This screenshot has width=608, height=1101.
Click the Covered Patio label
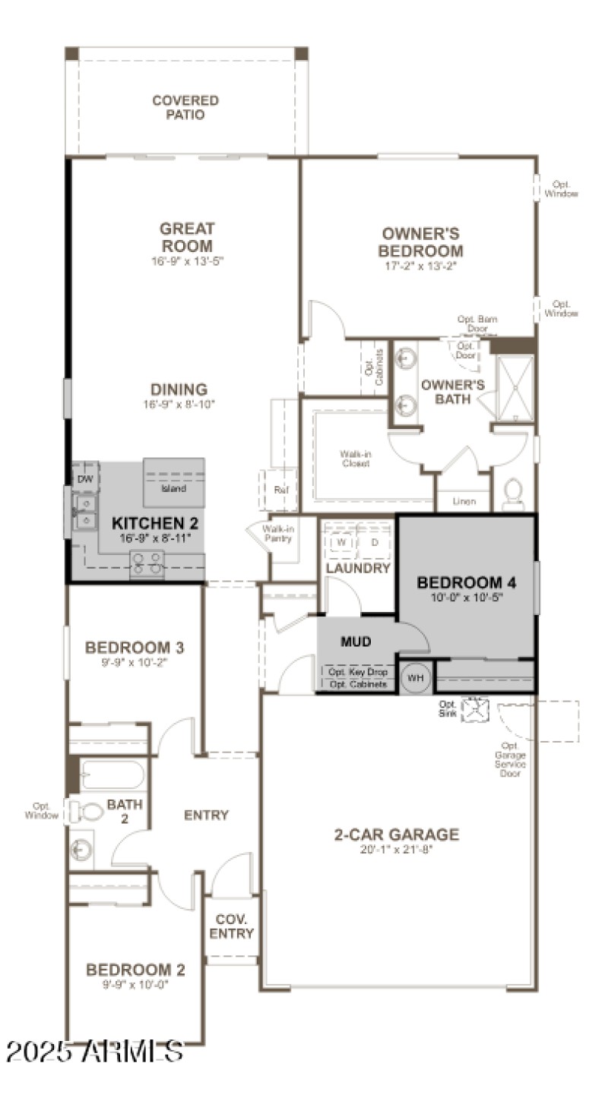[185, 108]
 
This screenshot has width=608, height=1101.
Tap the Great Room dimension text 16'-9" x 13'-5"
[186, 260]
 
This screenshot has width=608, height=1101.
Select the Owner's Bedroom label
[421, 243]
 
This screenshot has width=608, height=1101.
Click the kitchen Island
[174, 483]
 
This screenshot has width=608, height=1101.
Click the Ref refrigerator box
[280, 489]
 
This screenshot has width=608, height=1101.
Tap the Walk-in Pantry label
[278, 533]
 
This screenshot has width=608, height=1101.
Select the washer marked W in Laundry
[342, 542]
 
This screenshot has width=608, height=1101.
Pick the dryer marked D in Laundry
[374, 542]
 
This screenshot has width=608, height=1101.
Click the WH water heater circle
[415, 677]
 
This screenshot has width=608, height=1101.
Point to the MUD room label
[356, 642]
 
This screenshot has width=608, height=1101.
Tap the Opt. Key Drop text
[357, 672]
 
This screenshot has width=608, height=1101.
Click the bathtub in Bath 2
[112, 775]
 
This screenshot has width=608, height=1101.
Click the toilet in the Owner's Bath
[514, 494]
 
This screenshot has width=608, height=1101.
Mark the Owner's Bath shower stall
[515, 388]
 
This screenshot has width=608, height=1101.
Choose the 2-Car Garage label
[397, 835]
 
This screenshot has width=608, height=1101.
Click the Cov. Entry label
[232, 926]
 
